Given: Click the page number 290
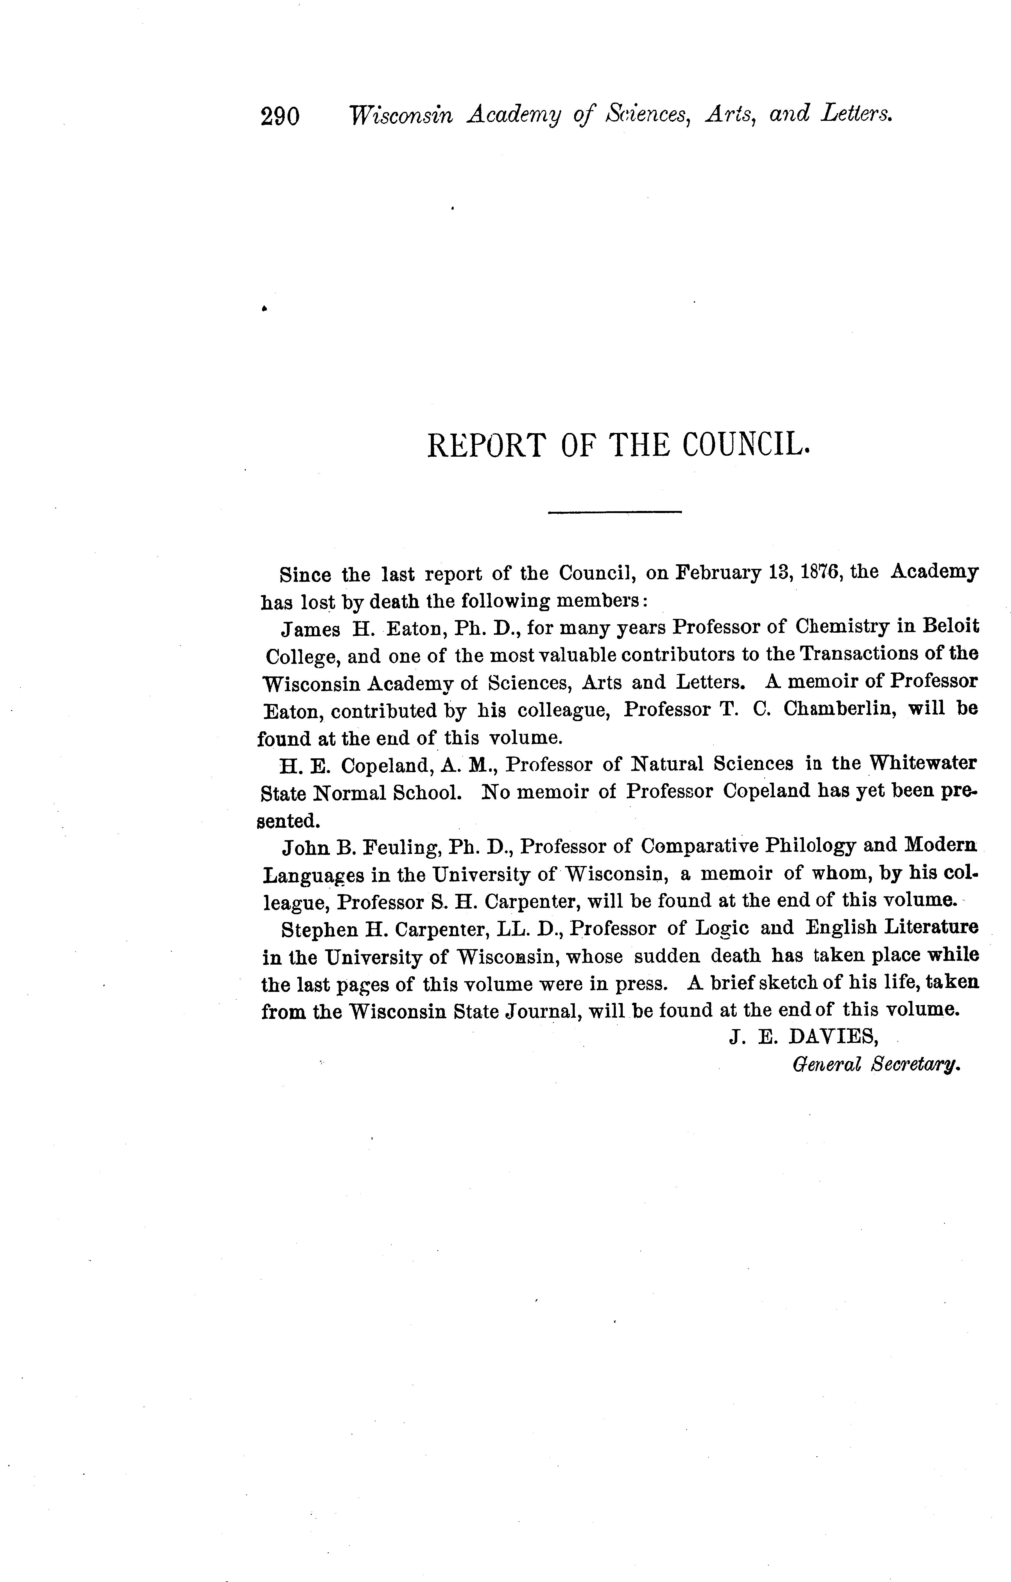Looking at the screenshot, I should [280, 116].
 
